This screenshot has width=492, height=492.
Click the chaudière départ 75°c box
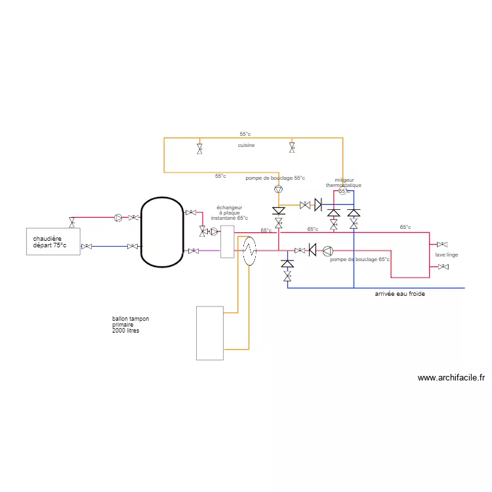[52, 241]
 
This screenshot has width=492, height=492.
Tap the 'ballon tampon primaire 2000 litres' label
[130, 325]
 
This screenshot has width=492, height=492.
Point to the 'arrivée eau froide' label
[400, 294]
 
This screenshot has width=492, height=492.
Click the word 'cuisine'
[246, 145]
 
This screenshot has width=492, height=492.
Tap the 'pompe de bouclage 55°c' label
[275, 178]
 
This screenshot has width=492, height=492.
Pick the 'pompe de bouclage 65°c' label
[359, 260]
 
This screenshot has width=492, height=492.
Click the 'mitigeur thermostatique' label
[344, 183]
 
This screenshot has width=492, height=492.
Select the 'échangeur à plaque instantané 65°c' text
[230, 213]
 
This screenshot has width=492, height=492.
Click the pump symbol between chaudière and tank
[117, 217]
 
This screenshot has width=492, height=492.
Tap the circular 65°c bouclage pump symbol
[327, 250]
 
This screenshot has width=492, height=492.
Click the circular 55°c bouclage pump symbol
[278, 189]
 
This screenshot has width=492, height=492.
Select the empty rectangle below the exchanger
[210, 333]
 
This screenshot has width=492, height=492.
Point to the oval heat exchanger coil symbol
[249, 251]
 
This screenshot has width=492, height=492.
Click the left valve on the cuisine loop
[199, 148]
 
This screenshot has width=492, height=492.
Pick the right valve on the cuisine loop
[293, 147]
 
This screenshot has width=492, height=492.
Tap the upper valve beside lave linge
[443, 245]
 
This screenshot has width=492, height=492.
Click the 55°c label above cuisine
[245, 134]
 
